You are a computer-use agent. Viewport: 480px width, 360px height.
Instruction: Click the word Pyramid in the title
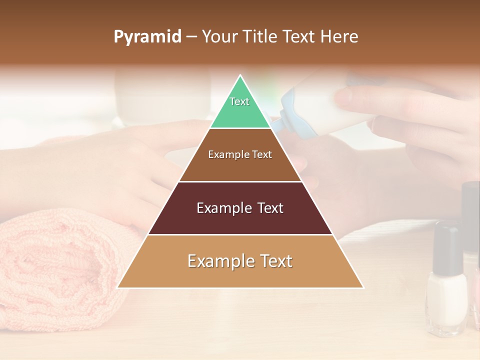coord(147,37)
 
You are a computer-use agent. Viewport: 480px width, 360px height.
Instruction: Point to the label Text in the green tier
coord(239,101)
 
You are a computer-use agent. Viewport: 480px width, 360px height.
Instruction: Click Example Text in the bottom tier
coord(240,261)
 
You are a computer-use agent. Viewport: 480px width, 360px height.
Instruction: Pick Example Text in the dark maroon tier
coord(240,208)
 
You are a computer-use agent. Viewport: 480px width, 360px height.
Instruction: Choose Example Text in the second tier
coord(240,154)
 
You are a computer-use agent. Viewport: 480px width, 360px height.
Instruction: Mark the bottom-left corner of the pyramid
coord(118,287)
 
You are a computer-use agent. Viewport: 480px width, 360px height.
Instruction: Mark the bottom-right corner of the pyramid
coord(362,287)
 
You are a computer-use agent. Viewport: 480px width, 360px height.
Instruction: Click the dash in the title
coord(191,37)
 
